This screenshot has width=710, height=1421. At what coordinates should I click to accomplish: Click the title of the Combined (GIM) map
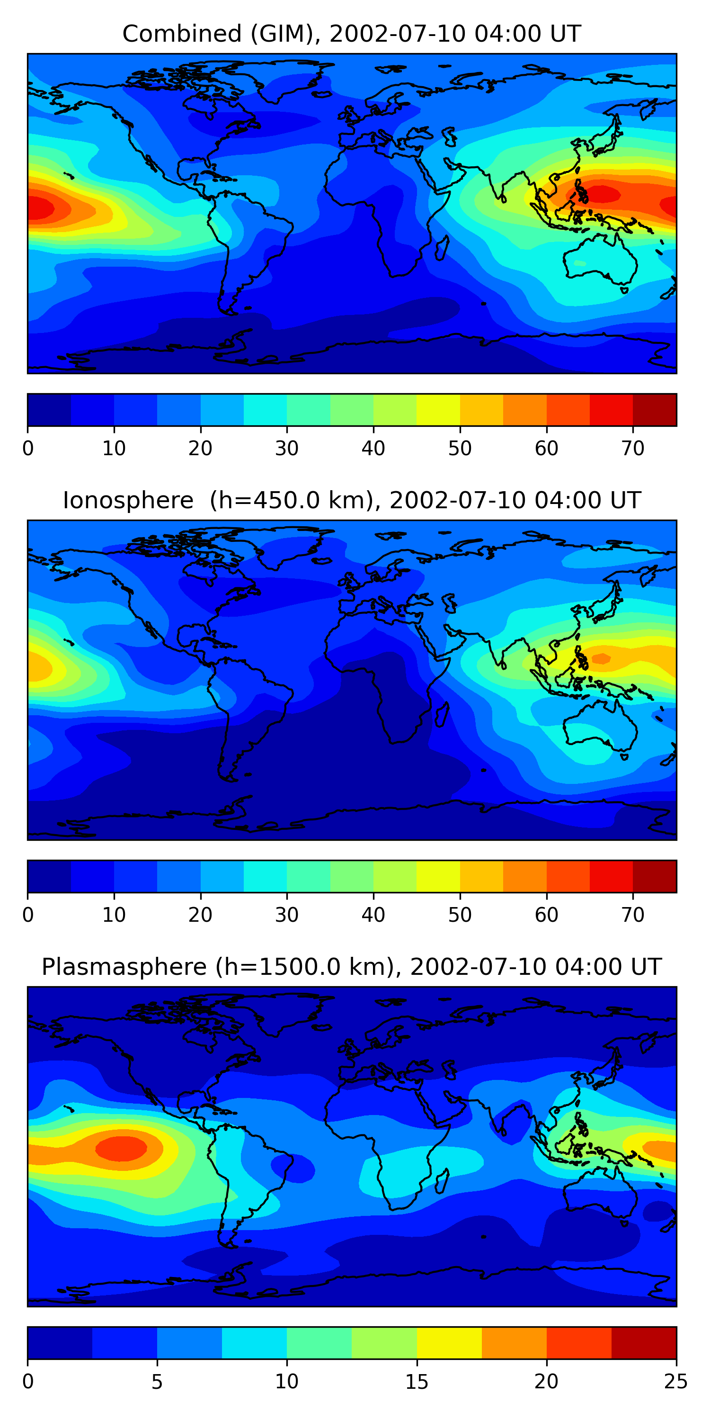(351, 34)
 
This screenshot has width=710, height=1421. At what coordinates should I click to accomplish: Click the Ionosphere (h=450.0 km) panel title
(351, 500)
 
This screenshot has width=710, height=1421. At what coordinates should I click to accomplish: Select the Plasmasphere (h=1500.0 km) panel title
(351, 967)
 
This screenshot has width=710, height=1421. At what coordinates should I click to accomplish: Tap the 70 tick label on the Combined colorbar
(633, 449)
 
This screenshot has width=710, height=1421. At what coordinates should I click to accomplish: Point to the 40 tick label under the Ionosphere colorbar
(373, 915)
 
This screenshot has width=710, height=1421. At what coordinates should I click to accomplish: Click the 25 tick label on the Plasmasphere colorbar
(676, 1382)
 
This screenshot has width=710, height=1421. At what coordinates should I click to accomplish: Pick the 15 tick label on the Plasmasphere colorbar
(416, 1382)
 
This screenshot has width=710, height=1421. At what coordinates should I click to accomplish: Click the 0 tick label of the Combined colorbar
(28, 449)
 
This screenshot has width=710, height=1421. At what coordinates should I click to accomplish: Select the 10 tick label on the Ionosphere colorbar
(114, 915)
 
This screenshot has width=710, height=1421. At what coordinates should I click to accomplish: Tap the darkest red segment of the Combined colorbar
(654, 410)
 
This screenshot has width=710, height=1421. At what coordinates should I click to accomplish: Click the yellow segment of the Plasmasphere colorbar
(449, 1343)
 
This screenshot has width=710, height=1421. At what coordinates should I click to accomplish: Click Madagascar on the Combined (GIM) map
(442, 248)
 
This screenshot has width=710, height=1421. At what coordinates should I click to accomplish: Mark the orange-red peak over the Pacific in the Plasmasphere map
(121, 1148)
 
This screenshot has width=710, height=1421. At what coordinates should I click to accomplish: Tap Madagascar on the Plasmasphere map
(442, 1182)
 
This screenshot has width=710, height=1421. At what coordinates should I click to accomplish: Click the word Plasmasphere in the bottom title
(124, 967)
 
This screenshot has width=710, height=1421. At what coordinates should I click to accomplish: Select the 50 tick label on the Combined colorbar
(460, 449)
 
